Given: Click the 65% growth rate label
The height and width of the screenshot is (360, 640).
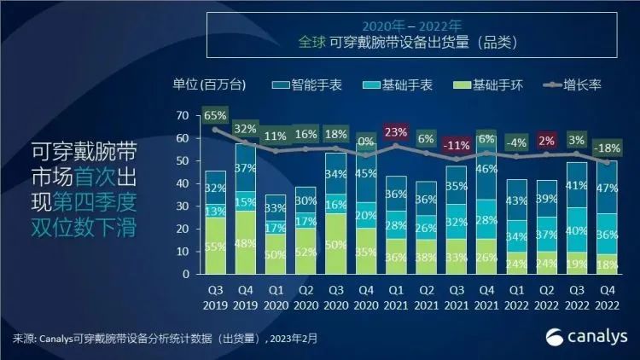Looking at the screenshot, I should point(214,114).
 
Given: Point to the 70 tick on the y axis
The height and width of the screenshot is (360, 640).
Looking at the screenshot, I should point(183,115).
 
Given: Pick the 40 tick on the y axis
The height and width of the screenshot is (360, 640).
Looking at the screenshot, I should point(183,183).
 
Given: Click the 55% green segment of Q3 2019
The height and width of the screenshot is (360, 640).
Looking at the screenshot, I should point(214,246).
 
